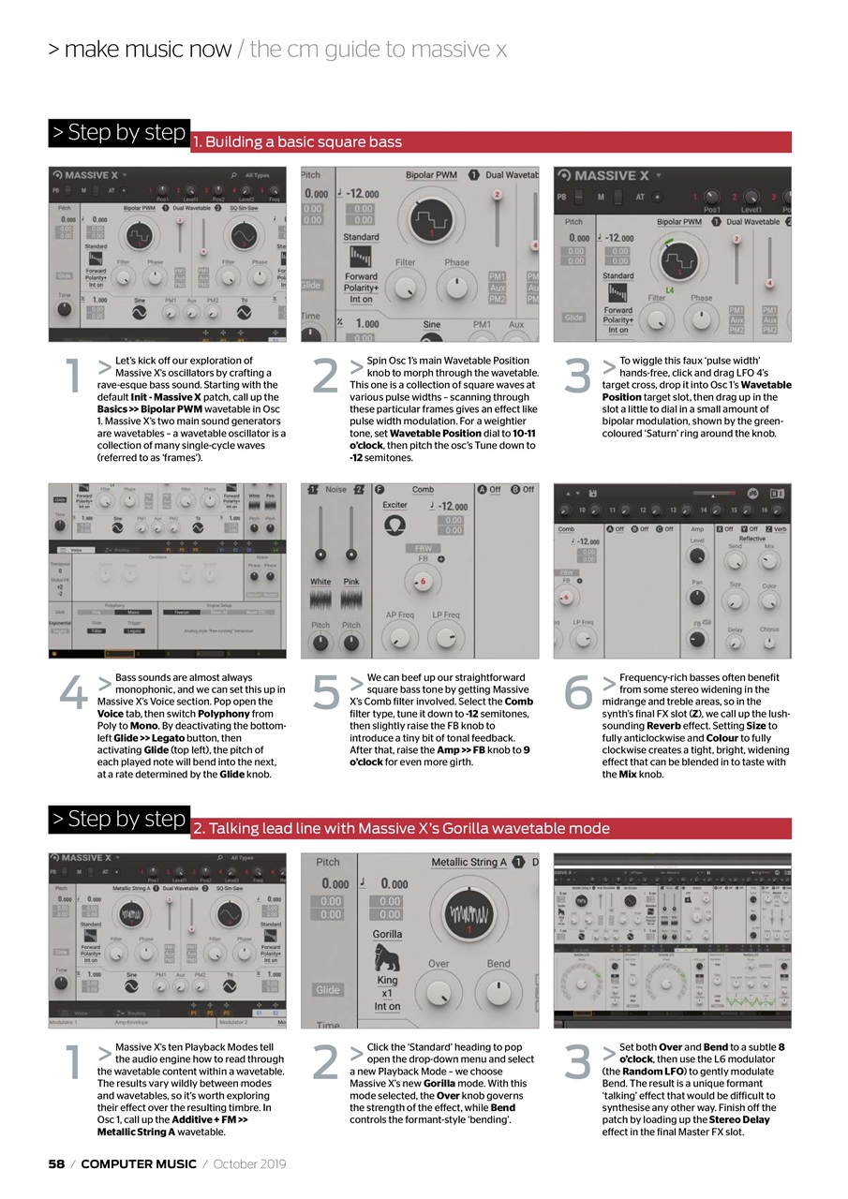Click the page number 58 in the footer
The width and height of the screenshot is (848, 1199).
pos(56,1163)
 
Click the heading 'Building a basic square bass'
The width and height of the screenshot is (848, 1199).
pos(297,142)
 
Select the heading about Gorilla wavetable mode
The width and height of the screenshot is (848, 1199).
pos(401,828)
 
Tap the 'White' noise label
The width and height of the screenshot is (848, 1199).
pos(320,582)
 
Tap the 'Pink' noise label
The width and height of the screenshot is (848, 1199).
pos(350,582)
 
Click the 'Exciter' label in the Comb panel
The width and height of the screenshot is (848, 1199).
pos(394,505)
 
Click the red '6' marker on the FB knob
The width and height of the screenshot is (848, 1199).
pos(423,582)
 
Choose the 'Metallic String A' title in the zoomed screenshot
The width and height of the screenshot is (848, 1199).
pos(469,862)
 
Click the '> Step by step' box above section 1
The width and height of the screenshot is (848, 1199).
pos(119,132)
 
